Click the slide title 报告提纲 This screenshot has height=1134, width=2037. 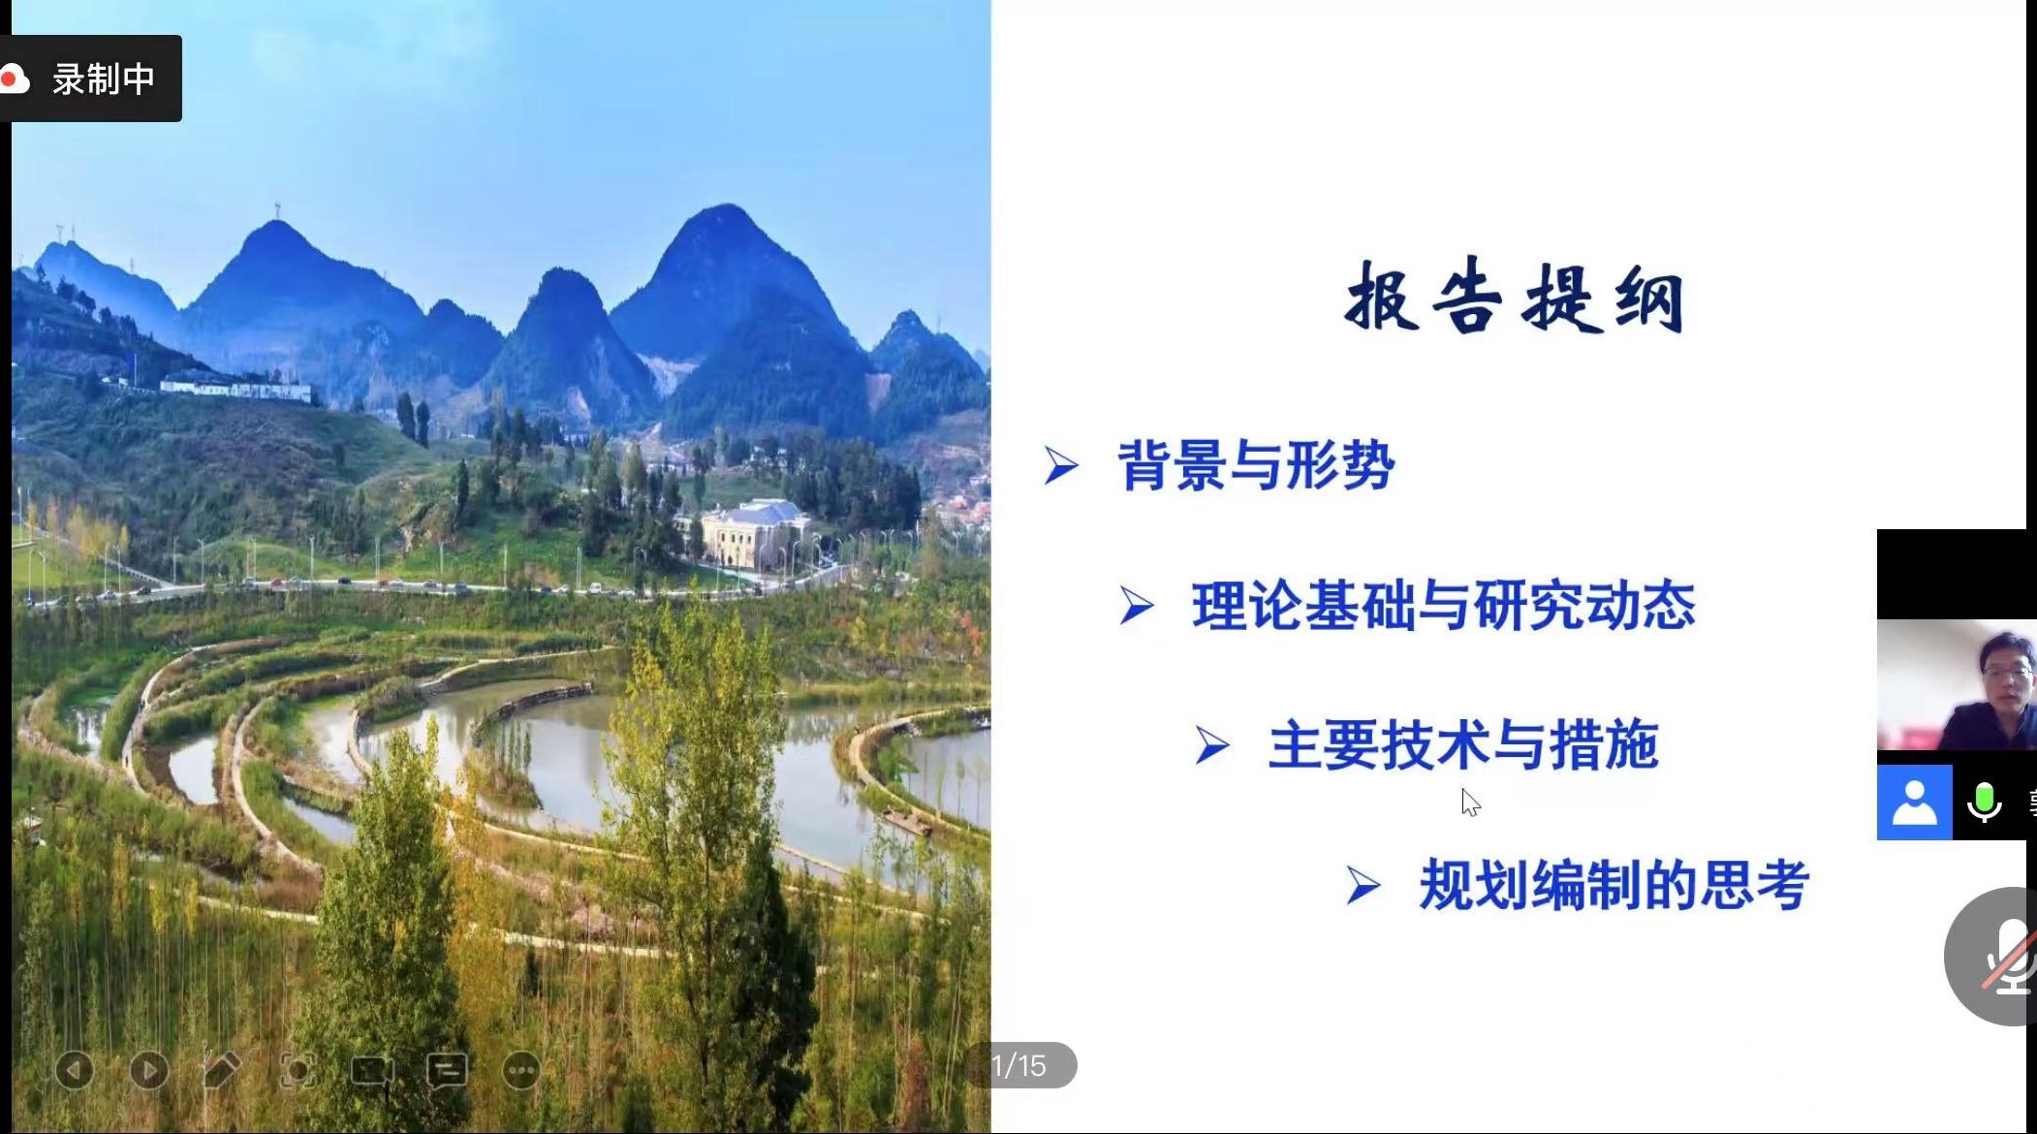(1514, 298)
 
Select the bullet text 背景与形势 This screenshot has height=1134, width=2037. (1256, 466)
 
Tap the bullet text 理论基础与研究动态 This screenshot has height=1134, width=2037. (1444, 607)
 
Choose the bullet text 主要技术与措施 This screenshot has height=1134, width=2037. (1463, 745)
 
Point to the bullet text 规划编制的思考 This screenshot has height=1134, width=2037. (1614, 886)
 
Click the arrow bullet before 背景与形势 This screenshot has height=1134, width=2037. (1061, 465)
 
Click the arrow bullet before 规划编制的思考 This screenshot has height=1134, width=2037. (1363, 886)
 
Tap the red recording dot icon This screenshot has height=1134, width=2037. (14, 79)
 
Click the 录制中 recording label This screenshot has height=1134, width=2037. (104, 79)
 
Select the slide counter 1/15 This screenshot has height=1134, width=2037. (1019, 1066)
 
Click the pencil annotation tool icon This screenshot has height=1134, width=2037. (222, 1070)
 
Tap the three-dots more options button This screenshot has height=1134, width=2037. (521, 1071)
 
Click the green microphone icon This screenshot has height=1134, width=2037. (1984, 803)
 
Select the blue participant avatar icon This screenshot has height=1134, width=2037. (1914, 803)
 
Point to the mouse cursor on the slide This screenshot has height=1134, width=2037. (1470, 803)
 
